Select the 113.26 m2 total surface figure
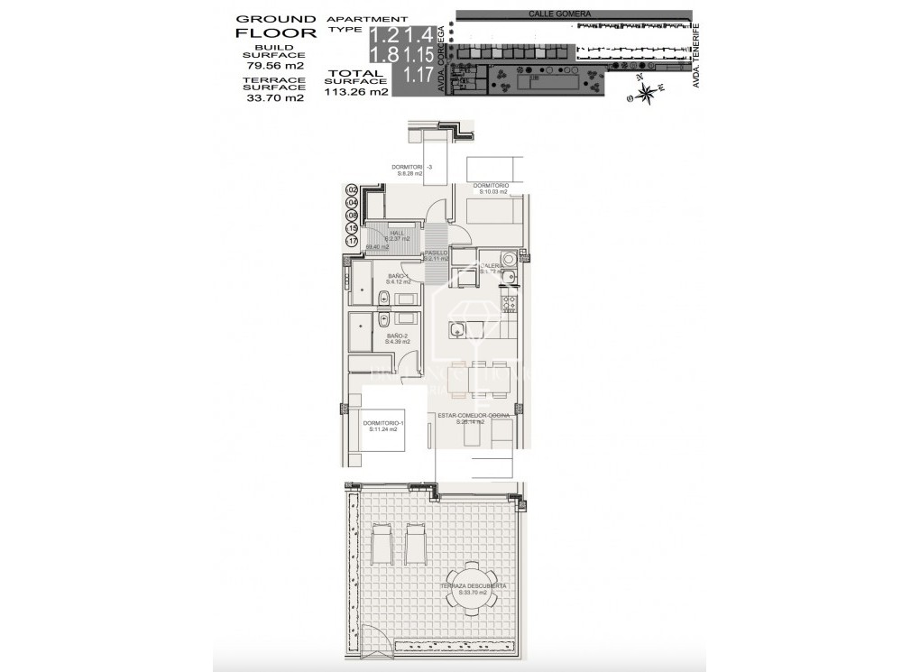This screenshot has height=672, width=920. [356, 91]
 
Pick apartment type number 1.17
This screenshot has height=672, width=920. [418, 76]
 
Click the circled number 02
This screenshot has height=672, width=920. [352, 190]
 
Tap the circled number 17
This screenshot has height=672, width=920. [352, 241]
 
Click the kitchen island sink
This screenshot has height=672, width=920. [457, 328]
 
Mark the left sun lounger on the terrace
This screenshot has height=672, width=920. [382, 543]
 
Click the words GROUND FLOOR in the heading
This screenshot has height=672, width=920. [276, 26]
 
